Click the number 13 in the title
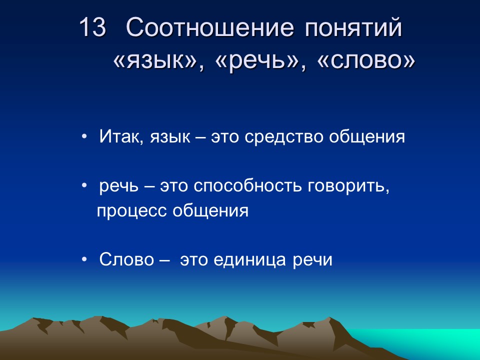(93, 28)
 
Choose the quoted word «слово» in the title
(366, 61)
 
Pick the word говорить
(348, 186)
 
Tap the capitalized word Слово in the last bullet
(126, 260)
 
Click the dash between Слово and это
(164, 260)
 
